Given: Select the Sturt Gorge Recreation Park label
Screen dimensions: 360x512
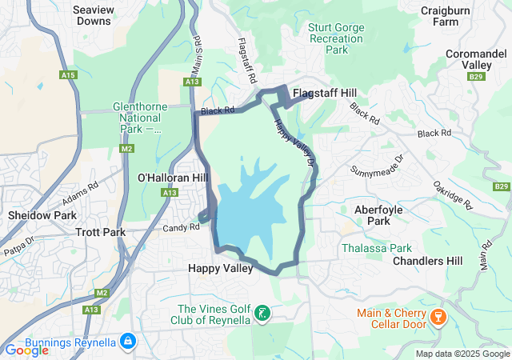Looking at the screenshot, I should (x=336, y=38).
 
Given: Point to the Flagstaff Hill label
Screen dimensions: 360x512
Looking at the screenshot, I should (x=324, y=94).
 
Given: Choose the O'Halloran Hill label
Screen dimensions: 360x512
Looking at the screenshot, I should (x=167, y=177).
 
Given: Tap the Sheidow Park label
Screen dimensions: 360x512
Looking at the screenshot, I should (x=42, y=216).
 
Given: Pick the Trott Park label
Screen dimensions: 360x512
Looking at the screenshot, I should (x=100, y=232).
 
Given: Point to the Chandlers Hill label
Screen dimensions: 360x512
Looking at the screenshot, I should (x=428, y=261).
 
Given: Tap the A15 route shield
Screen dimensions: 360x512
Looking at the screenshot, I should (x=69, y=75).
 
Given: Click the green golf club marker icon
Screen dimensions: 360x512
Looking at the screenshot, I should (x=262, y=314).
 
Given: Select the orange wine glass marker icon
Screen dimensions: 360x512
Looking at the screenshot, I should (x=437, y=318).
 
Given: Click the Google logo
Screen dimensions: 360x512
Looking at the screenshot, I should (x=26, y=350).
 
